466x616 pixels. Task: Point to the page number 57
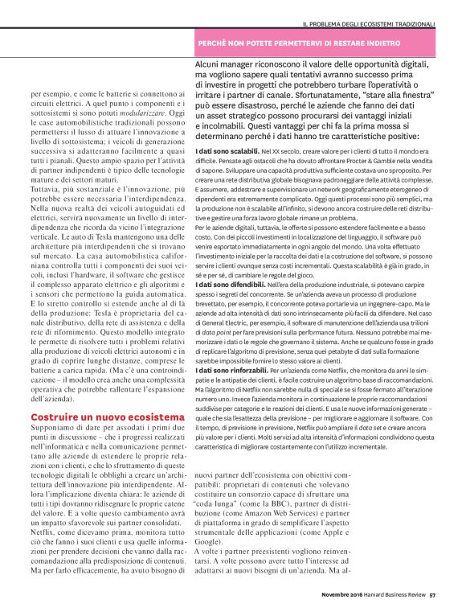432,594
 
